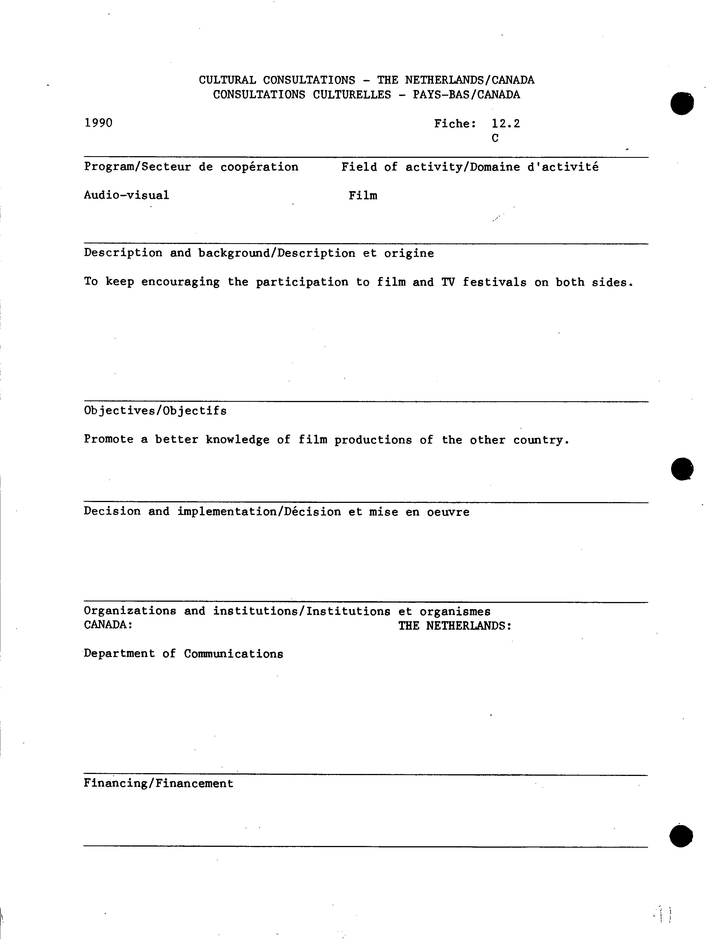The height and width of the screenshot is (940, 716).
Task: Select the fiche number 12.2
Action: click(x=506, y=124)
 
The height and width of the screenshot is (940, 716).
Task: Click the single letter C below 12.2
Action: click(x=495, y=138)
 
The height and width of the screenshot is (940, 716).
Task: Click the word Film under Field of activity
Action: click(x=363, y=196)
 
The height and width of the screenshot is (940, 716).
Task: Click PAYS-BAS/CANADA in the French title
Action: click(x=466, y=94)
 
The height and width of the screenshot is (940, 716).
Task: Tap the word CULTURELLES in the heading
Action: click(x=352, y=94)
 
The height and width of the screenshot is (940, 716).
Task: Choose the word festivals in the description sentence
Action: click(x=494, y=282)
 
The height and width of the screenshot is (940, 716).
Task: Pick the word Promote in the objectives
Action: click(x=109, y=439)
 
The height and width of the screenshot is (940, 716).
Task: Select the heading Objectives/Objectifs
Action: click(x=155, y=411)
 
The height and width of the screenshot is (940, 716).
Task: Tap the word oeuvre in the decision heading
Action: click(x=448, y=512)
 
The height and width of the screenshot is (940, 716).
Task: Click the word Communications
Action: click(x=234, y=654)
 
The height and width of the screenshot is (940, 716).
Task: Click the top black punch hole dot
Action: click(x=682, y=103)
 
